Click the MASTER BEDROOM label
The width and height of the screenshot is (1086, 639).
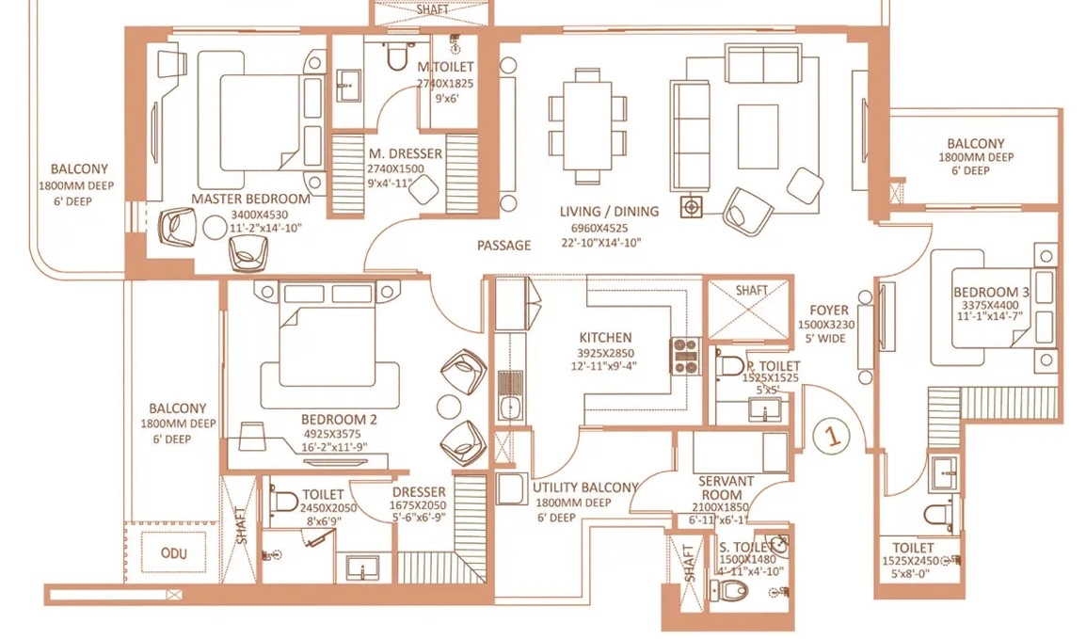tap(250, 199)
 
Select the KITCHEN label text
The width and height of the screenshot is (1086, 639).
tap(605, 337)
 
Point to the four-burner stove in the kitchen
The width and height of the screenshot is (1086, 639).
tap(685, 356)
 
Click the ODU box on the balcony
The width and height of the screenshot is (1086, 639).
tap(174, 552)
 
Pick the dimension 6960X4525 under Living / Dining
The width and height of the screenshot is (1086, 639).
tap(599, 228)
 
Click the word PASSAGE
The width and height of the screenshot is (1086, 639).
tap(504, 245)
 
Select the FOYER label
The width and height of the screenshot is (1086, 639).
tap(829, 311)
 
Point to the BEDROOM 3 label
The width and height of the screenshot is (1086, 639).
tap(991, 292)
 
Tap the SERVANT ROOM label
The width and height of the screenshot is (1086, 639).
tap(726, 488)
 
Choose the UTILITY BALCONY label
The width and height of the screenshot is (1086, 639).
tap(584, 487)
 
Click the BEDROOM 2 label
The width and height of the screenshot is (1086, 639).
tap(339, 420)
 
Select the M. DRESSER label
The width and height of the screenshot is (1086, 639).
tap(406, 153)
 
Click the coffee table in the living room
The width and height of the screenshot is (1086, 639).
tap(758, 136)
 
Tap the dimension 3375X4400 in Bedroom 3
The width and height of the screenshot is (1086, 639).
tap(990, 305)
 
